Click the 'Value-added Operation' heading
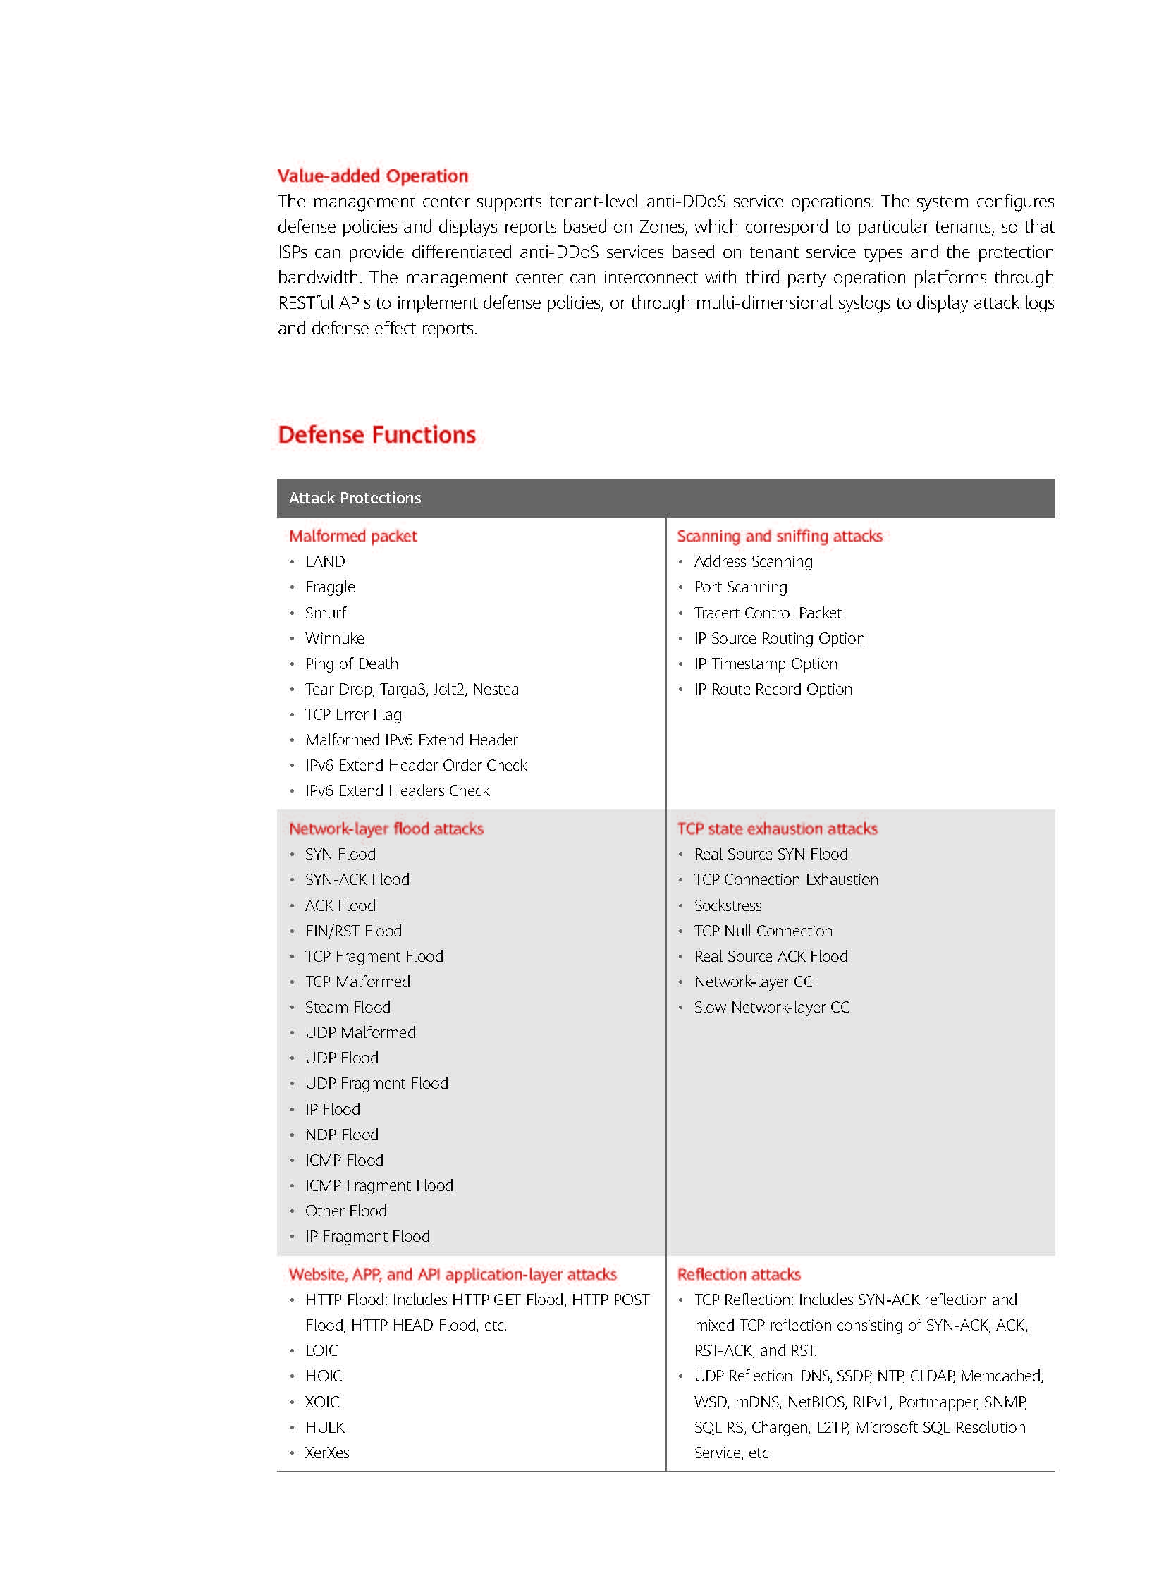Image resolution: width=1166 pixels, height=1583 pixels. point(372,176)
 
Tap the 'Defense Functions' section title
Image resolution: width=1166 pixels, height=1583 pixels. point(376,434)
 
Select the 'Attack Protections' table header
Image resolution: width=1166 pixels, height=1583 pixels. point(355,498)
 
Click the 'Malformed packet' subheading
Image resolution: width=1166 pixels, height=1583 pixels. point(352,536)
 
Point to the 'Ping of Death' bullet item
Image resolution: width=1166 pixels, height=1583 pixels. point(351,664)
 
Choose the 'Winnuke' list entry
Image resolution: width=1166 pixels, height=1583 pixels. point(334,638)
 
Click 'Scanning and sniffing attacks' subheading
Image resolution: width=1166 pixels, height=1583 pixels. point(779,536)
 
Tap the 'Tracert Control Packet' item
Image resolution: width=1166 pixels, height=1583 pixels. point(767,613)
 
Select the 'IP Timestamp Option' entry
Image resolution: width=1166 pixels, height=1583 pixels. point(765,664)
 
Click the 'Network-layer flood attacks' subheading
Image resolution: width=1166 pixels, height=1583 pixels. point(386,829)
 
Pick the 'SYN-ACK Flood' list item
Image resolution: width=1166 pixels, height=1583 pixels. point(357,879)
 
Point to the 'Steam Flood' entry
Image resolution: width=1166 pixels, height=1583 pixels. point(348,1007)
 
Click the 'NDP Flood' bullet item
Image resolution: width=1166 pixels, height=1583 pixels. point(341,1135)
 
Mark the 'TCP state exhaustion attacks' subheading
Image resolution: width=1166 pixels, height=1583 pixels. point(777,829)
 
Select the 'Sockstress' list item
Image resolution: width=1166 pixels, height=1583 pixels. point(727,905)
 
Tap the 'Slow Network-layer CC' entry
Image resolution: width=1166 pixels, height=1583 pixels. point(771,1007)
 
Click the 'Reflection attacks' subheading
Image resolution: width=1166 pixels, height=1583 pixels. point(738,1273)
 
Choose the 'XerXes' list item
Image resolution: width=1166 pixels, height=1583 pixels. point(327,1453)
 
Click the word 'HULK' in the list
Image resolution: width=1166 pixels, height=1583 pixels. point(325,1427)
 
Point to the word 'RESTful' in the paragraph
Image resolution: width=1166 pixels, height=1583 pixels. point(305,303)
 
